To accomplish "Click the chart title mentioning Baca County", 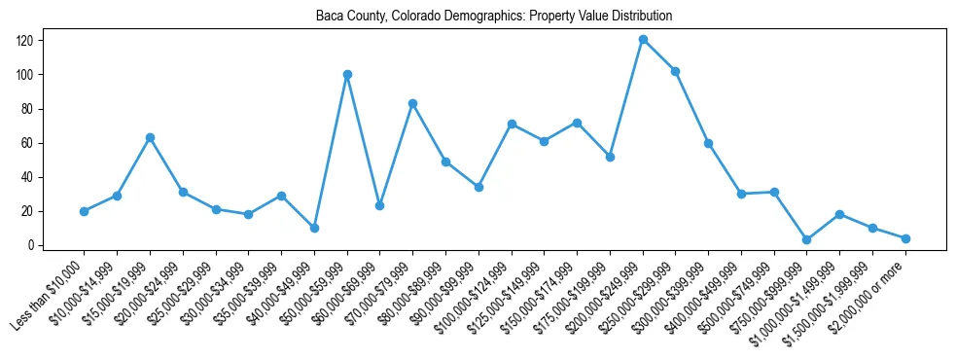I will [x=494, y=17].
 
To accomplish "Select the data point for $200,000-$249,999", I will [x=643, y=40].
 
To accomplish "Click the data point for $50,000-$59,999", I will [x=347, y=74].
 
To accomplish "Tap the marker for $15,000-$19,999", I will [x=150, y=137].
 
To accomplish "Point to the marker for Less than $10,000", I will [x=85, y=211].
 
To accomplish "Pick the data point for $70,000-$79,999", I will [x=412, y=103].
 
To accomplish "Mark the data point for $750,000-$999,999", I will [x=807, y=239].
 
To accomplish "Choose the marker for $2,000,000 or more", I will [x=905, y=238].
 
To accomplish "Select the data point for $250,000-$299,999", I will [x=676, y=71].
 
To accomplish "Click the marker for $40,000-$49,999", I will [x=314, y=228].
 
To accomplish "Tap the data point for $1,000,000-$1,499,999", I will [x=839, y=214].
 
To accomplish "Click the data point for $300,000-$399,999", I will [x=708, y=143].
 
